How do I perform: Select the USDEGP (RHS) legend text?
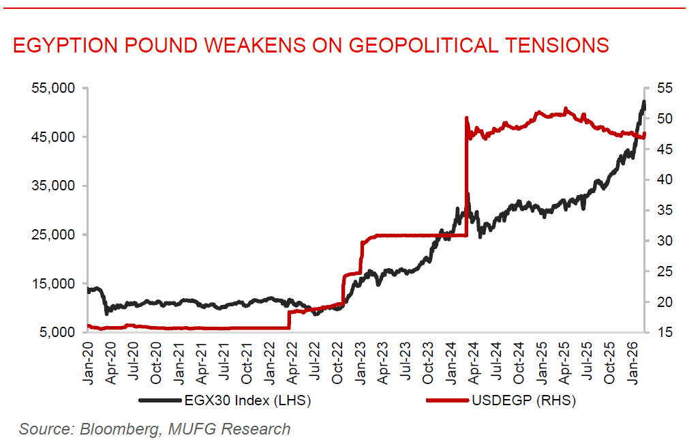[523, 400]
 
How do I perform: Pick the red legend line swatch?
[447, 400]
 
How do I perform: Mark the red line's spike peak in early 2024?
[466, 118]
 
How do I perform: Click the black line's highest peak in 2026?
[643, 102]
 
